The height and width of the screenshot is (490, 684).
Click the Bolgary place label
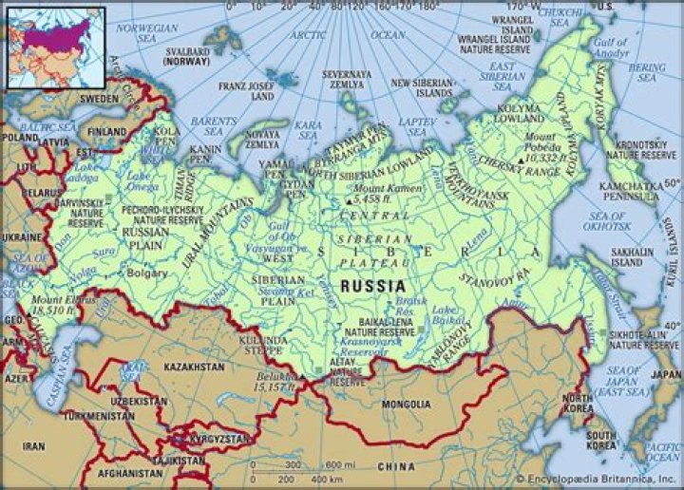click(x=145, y=272)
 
